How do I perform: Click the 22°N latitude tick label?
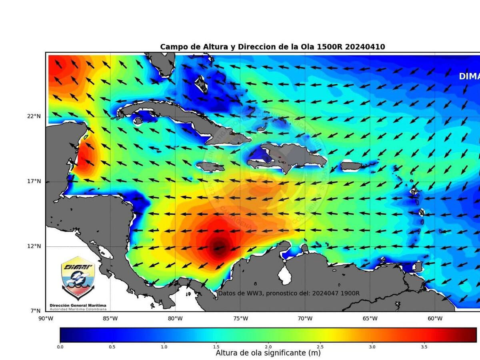[x=34, y=116]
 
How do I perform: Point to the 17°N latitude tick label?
[x=34, y=181]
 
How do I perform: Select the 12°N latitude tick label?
[x=34, y=246]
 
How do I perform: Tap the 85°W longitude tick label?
[x=110, y=319]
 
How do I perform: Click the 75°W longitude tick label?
[x=240, y=319]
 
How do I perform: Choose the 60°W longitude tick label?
[x=435, y=319]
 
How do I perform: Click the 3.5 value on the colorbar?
[x=424, y=346]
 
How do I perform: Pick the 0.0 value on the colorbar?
[x=60, y=346]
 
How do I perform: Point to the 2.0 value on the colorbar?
[x=268, y=346]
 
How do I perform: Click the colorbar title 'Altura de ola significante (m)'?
[x=268, y=353]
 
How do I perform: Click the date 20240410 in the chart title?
[x=365, y=47]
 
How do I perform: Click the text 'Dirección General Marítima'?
[x=78, y=306]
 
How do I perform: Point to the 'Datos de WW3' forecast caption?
[x=288, y=293]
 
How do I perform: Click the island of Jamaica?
[x=210, y=166]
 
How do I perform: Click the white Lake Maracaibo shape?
[x=284, y=275]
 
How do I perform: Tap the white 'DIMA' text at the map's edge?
[x=469, y=76]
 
